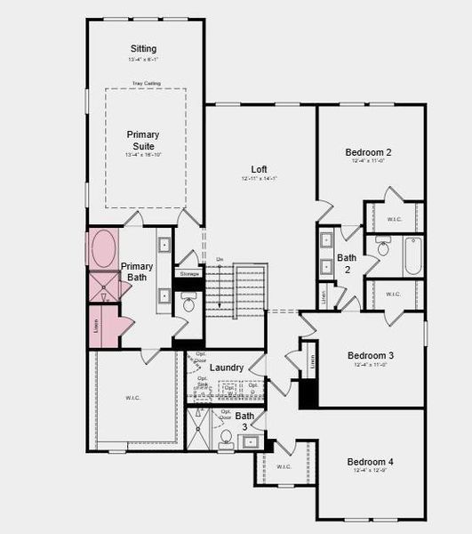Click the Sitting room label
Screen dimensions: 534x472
coord(142,49)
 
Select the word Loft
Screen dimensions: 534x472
coord(259,169)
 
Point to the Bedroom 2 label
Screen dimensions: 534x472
coord(368,152)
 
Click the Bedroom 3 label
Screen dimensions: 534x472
coord(370,355)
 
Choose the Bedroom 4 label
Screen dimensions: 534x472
coord(370,462)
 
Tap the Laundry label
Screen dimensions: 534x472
coord(227,368)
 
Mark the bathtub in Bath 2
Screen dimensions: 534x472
coord(414,255)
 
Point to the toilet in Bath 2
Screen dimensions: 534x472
coord(383,247)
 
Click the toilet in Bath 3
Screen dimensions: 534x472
coord(227,437)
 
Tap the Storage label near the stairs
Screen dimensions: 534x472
coord(189,274)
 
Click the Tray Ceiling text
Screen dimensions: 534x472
coord(145,84)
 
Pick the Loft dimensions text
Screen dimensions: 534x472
coord(259,179)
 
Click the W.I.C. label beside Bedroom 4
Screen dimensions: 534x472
coord(284,466)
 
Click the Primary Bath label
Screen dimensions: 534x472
coord(137,272)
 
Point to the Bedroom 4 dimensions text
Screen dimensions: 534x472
coord(370,472)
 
